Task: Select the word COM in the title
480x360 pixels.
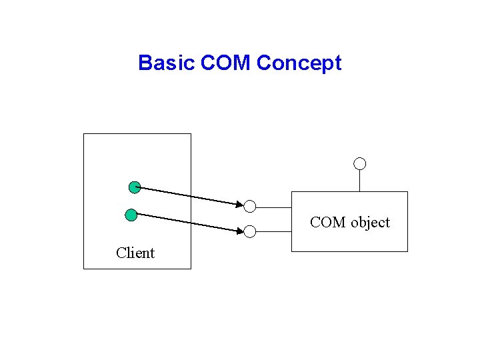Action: (x=225, y=63)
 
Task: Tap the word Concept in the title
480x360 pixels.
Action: (x=299, y=63)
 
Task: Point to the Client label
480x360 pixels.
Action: (x=135, y=253)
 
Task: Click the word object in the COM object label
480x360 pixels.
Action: (x=370, y=223)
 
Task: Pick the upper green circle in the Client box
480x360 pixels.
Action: (x=134, y=187)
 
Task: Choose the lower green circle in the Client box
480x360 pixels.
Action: (x=131, y=215)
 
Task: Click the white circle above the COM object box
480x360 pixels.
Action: (x=360, y=163)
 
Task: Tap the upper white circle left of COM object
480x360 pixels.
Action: (x=250, y=206)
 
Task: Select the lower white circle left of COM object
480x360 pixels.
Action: (x=250, y=232)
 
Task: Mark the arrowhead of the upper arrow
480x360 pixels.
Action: (x=240, y=203)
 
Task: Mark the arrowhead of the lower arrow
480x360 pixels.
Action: (x=240, y=231)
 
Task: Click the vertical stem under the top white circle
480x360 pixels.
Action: (x=360, y=180)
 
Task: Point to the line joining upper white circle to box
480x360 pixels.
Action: (x=273, y=206)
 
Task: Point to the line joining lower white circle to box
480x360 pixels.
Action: (x=273, y=232)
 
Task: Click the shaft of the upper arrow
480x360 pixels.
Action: (x=187, y=195)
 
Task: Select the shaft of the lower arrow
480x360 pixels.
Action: (x=187, y=223)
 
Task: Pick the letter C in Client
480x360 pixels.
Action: (x=121, y=253)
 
